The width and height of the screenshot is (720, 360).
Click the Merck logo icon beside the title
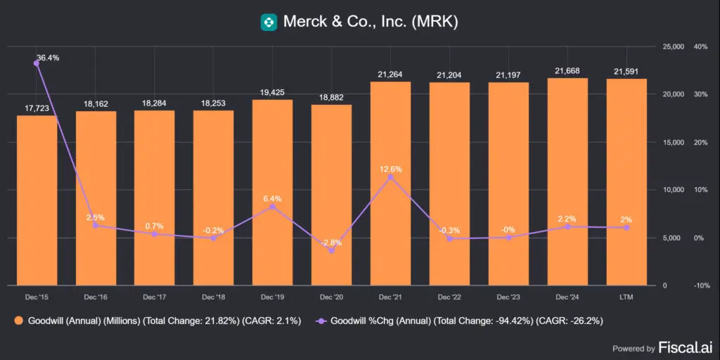[268, 22]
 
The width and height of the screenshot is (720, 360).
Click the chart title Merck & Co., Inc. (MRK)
[371, 22]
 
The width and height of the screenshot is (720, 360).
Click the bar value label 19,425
[272, 92]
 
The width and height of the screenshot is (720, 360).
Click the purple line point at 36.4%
[37, 63]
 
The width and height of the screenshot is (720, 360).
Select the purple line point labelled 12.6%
[390, 177]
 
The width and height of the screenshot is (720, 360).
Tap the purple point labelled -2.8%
[332, 251]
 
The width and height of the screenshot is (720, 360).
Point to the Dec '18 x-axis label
[213, 297]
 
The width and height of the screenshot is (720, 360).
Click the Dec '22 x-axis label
[449, 297]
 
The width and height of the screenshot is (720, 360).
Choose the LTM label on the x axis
[626, 297]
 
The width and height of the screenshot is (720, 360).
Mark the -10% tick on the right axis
[700, 285]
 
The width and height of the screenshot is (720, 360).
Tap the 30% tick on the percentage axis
[700, 94]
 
